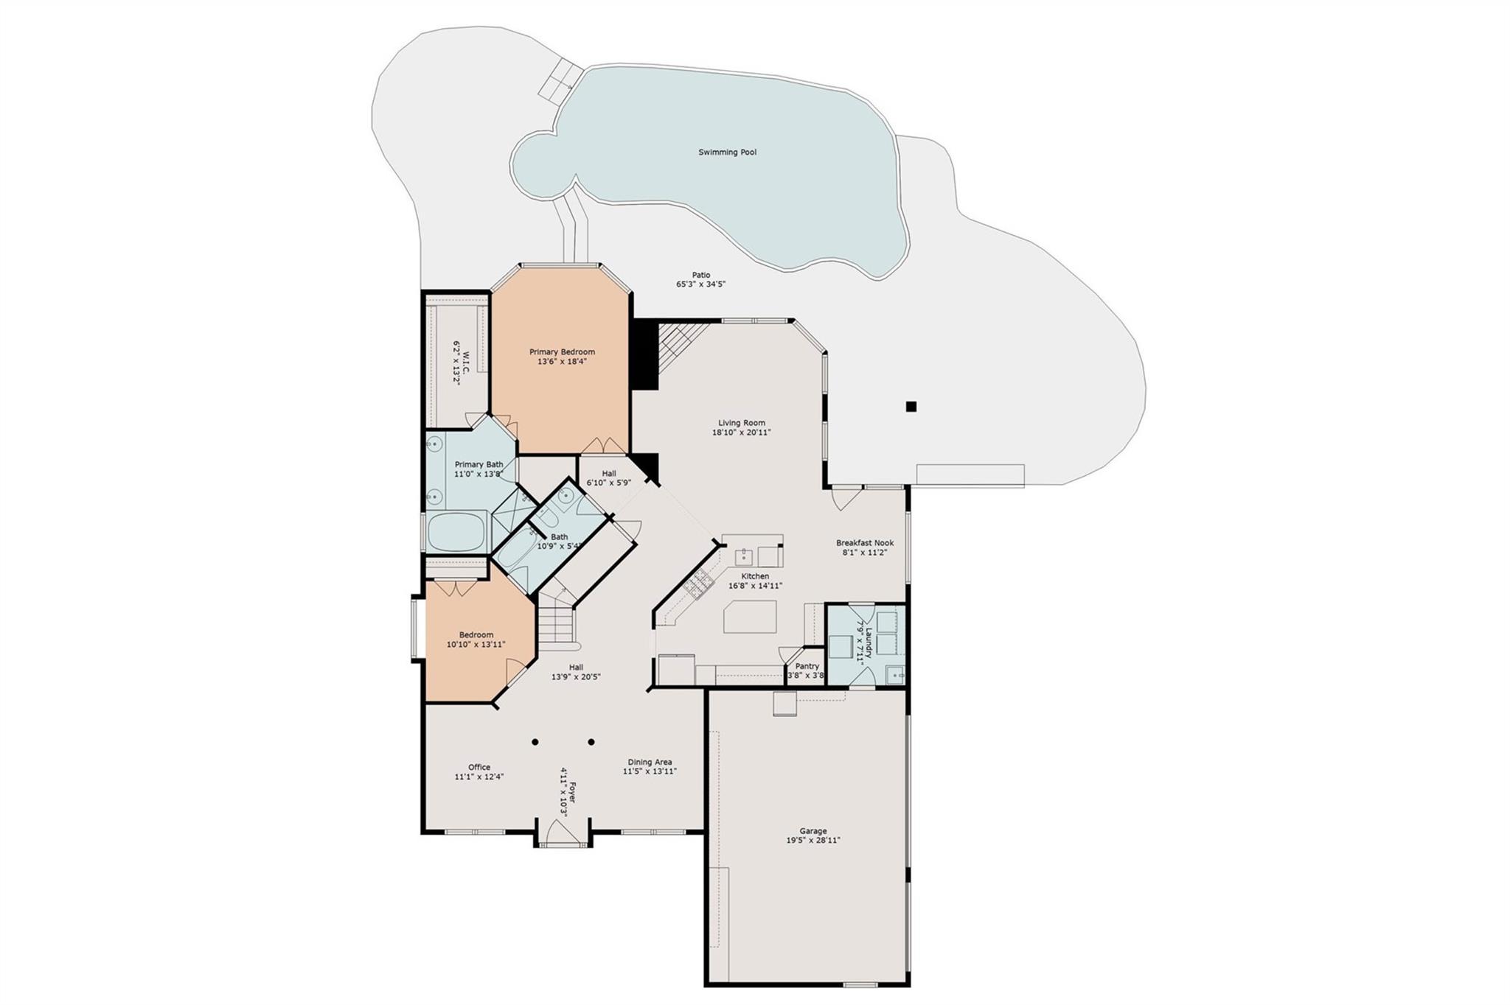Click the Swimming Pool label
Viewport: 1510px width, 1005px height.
pyautogui.click(x=727, y=153)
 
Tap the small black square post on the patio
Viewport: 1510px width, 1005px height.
pyautogui.click(x=911, y=406)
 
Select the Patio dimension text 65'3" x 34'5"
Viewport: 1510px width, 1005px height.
pyautogui.click(x=700, y=284)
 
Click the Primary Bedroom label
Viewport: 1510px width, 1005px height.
pyautogui.click(x=562, y=352)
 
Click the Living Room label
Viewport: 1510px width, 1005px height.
pyautogui.click(x=742, y=423)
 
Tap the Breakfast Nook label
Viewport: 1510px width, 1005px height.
pyautogui.click(x=864, y=543)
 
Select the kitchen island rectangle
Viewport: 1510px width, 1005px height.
pyautogui.click(x=750, y=617)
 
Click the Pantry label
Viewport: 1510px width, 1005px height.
pyautogui.click(x=807, y=666)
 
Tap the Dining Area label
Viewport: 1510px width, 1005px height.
pyautogui.click(x=650, y=762)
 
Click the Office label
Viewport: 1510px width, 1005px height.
pyautogui.click(x=479, y=767)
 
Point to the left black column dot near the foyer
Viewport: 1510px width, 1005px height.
pyautogui.click(x=535, y=742)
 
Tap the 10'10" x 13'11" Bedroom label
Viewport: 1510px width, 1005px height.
pyautogui.click(x=476, y=635)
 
